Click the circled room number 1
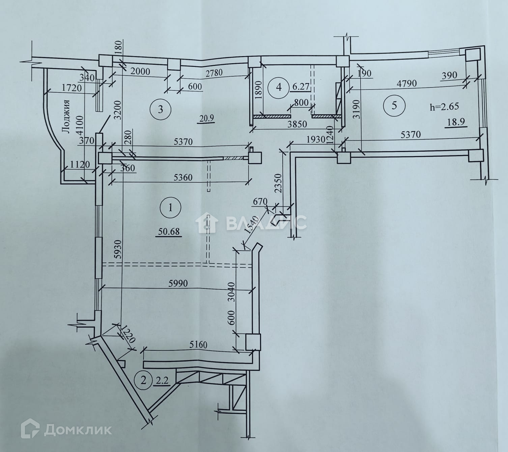click(170, 207)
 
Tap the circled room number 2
click(144, 381)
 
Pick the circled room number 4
click(279, 87)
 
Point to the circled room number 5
click(394, 105)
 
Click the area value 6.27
click(301, 87)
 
